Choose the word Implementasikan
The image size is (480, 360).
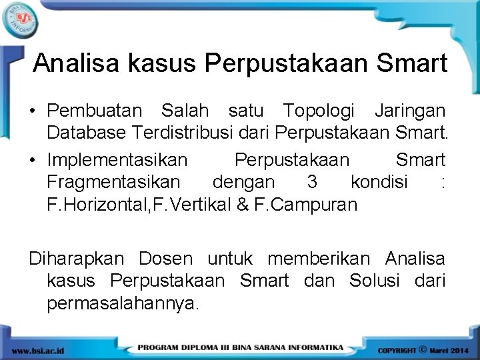tap(117, 161)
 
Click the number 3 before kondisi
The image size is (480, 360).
tap(312, 182)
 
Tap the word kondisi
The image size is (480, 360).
tap(379, 182)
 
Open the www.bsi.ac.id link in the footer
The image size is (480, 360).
tap(39, 350)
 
